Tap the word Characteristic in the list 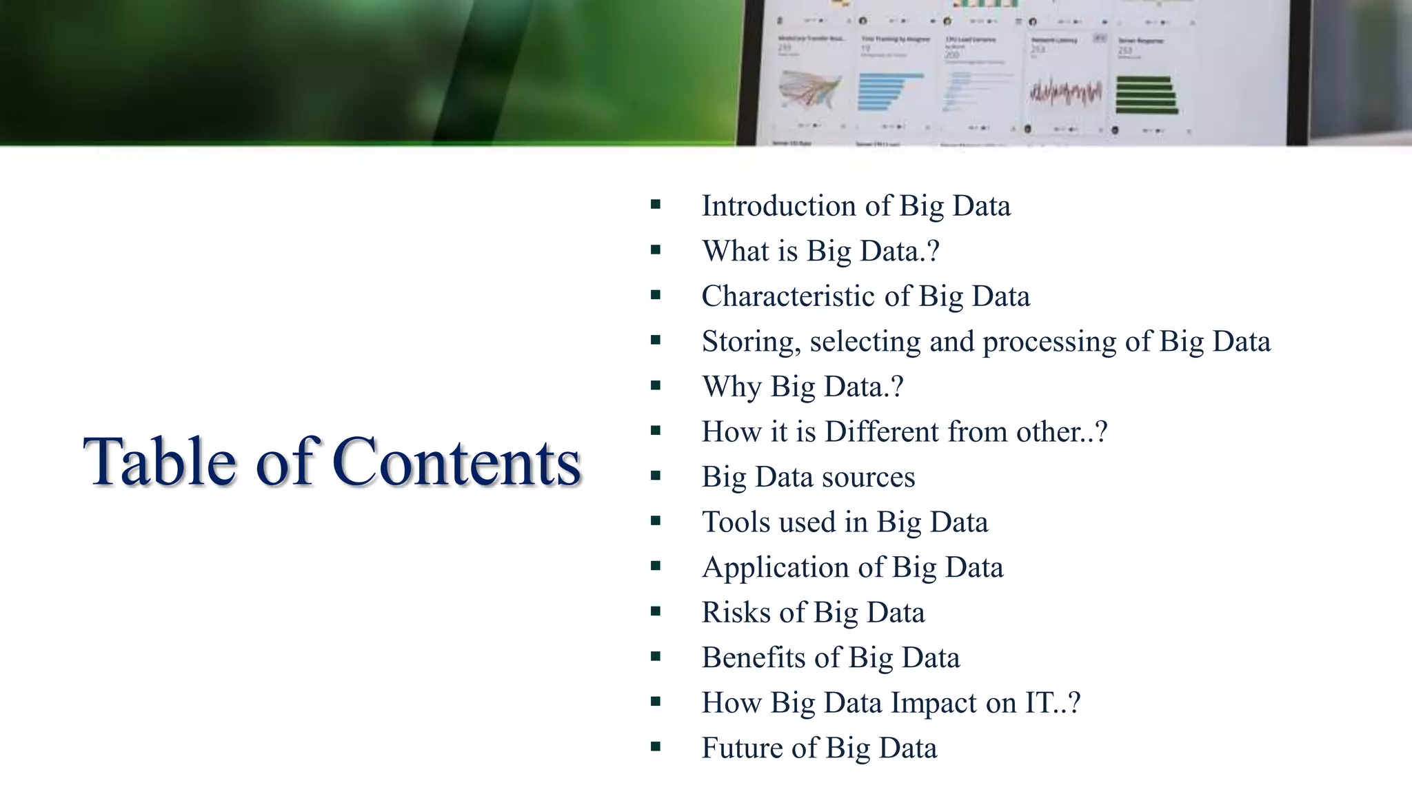pos(788,296)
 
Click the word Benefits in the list pos(754,658)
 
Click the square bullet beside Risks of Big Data pos(655,611)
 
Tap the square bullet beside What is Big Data pos(655,250)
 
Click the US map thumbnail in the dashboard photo pos(811,90)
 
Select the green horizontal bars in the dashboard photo pos(1146,95)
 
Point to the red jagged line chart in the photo pos(1065,92)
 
